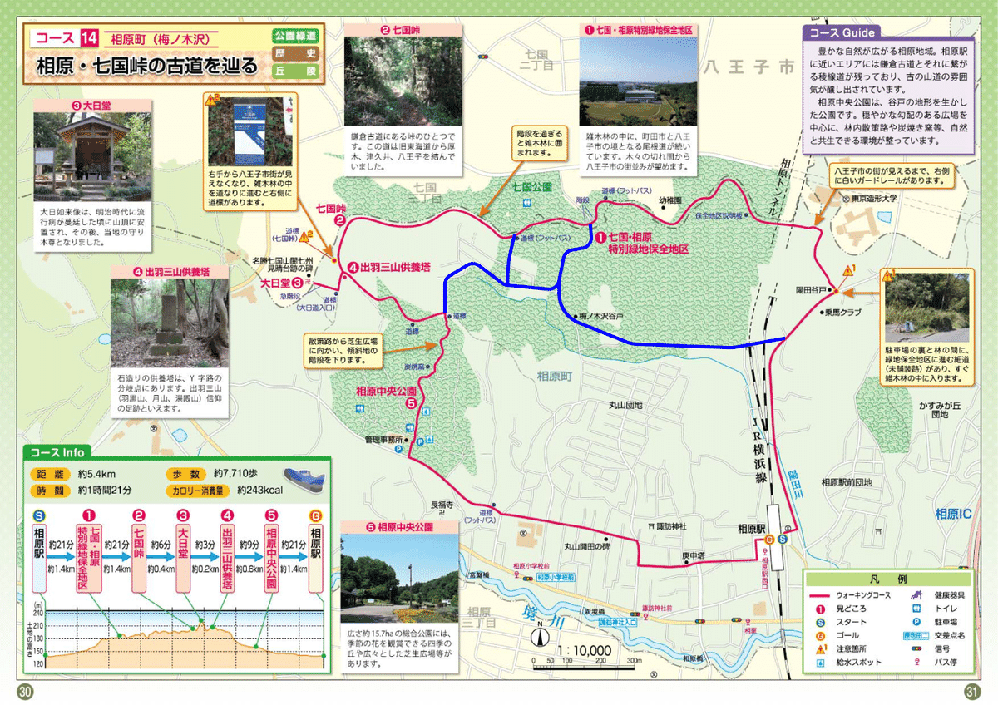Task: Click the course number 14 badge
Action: pos(90,38)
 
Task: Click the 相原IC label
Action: pos(952,513)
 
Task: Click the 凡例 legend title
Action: pos(887,579)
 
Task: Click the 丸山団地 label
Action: pos(627,406)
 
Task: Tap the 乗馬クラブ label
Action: pos(844,313)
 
